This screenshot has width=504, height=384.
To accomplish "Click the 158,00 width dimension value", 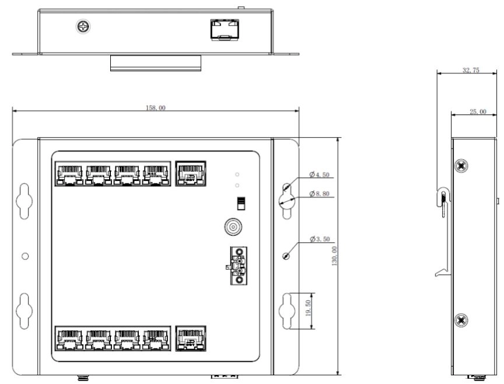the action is [x=156, y=108].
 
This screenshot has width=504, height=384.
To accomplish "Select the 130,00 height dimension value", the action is [x=334, y=256].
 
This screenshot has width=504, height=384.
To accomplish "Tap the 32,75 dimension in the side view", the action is [x=471, y=70].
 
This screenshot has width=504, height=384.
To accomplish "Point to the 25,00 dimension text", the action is [x=478, y=111].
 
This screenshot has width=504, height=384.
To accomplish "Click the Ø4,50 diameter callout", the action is [x=319, y=174].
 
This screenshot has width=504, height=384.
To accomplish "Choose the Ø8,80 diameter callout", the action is [x=319, y=194].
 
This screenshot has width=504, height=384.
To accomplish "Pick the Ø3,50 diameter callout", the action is [x=320, y=239].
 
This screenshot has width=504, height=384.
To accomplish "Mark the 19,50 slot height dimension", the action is [x=308, y=308].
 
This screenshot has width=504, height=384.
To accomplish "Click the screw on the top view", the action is [x=83, y=26].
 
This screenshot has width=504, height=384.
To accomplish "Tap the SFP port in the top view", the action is [x=225, y=30].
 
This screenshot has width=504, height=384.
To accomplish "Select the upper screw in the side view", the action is [x=461, y=166].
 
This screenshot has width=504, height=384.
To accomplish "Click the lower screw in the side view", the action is [x=461, y=320].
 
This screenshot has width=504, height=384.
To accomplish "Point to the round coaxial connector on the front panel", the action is [x=233, y=227].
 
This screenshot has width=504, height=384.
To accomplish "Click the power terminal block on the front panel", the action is [x=239, y=266].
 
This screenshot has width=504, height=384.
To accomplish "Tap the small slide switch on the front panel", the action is [x=241, y=203].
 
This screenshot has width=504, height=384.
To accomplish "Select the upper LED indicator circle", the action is [x=237, y=174].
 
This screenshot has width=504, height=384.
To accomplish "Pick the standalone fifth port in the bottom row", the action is [x=191, y=338].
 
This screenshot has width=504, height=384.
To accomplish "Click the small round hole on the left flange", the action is [x=24, y=256].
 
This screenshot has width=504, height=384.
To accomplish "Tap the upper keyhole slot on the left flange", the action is [x=24, y=201].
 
